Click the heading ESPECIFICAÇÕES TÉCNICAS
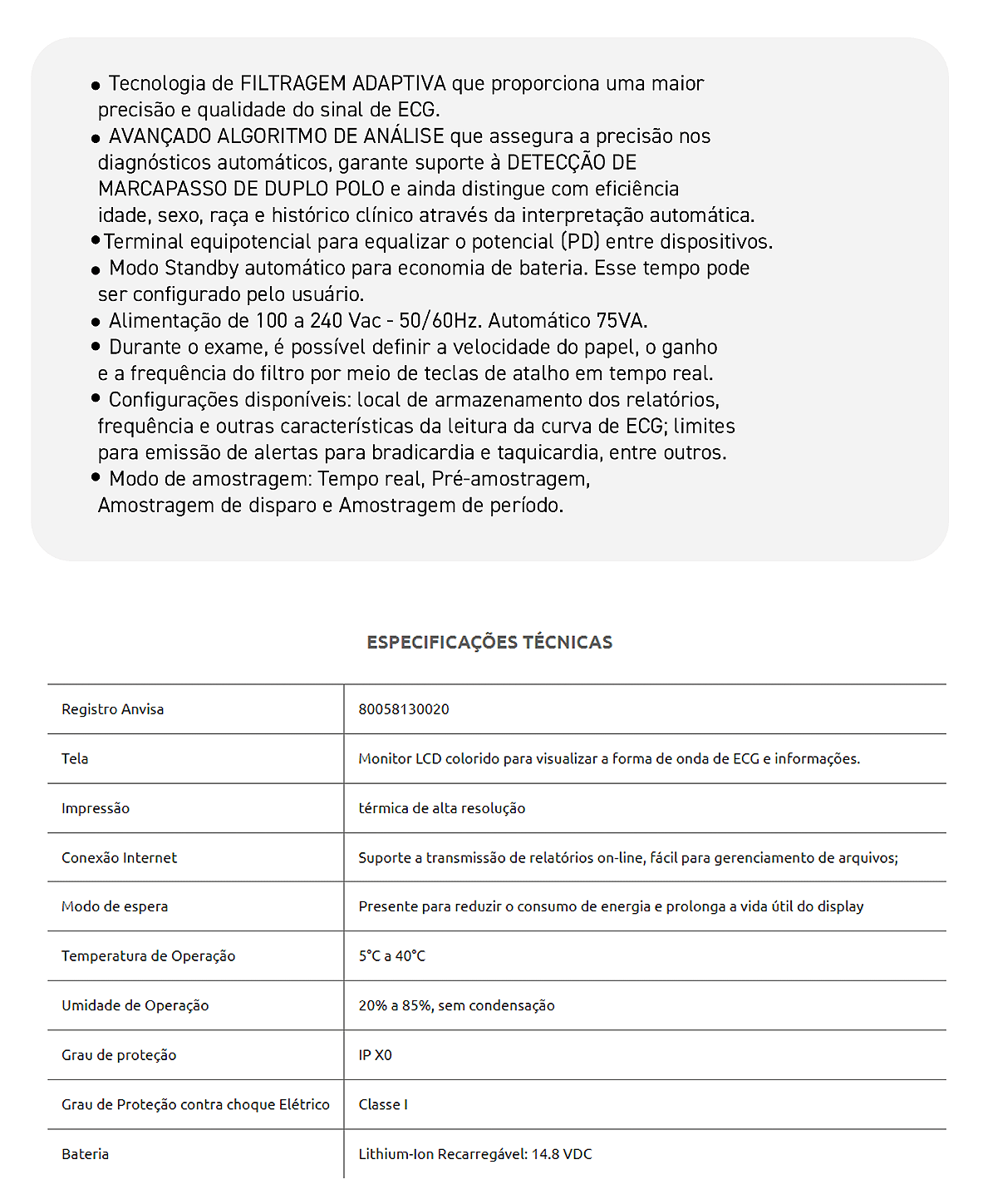point(489,642)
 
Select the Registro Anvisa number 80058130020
point(404,709)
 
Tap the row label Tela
point(75,758)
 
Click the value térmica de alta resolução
point(441,808)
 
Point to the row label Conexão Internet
point(119,857)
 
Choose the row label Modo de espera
point(115,906)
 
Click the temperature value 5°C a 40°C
point(391,956)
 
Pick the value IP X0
point(375,1055)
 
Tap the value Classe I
point(383,1104)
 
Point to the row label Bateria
point(85,1154)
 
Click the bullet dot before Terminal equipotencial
point(96,241)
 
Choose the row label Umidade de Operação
point(135,1005)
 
